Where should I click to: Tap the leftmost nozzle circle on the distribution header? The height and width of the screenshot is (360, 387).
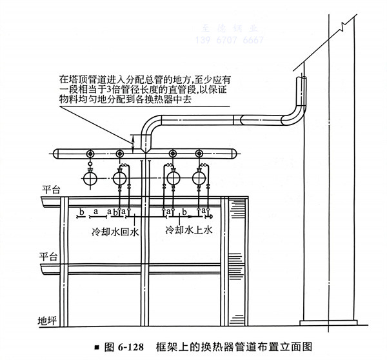coord(90,154)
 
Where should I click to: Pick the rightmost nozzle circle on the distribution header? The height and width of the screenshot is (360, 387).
coord(199,154)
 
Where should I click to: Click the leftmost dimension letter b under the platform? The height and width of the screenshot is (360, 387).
coord(81,211)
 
